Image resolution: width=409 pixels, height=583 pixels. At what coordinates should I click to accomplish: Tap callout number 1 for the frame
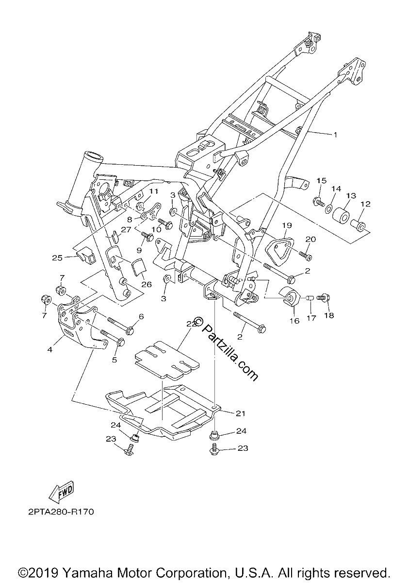pos(335,135)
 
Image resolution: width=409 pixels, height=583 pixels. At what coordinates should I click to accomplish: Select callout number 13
pos(351,195)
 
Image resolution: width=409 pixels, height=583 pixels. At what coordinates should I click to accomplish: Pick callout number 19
pos(288,225)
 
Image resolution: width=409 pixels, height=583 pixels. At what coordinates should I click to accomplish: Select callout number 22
pos(192,324)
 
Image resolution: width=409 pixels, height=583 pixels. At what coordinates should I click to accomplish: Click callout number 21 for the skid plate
pos(240,413)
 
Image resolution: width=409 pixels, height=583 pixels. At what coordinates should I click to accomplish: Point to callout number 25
pos(57,257)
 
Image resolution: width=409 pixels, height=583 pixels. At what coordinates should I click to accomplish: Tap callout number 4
pos(50,349)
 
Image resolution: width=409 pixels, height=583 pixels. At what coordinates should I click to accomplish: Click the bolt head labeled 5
pos(121,342)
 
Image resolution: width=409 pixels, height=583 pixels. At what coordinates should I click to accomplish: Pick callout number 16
pos(294,321)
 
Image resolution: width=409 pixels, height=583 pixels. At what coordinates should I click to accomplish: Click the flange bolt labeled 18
pos(324,297)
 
